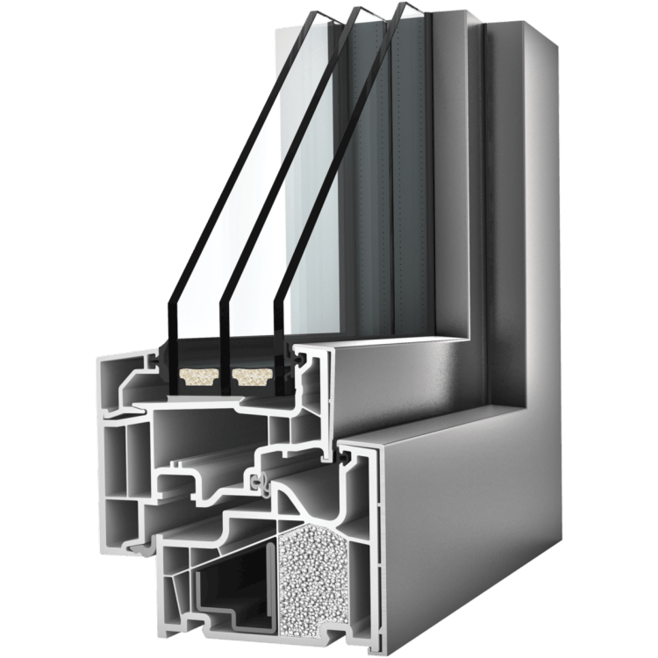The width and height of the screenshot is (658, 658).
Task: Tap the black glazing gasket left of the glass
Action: (x=160, y=360)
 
